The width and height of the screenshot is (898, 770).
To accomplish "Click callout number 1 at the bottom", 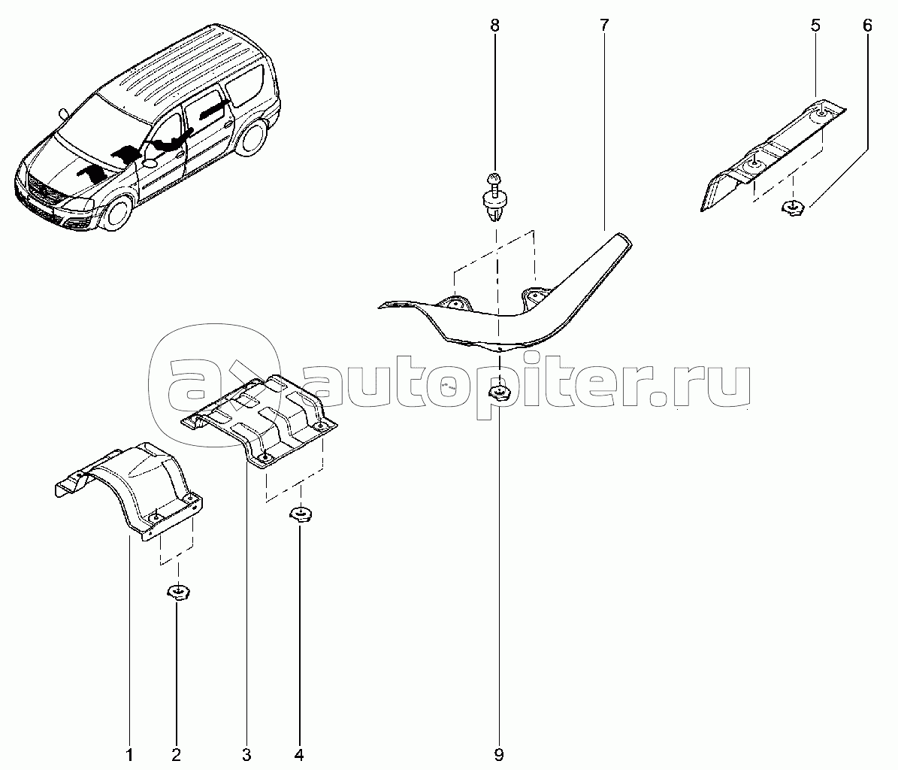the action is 129,754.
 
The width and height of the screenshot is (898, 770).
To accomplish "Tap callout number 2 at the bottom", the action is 177,754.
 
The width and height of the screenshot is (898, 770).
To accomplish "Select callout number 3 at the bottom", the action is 246,754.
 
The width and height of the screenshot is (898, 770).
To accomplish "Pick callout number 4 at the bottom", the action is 298,754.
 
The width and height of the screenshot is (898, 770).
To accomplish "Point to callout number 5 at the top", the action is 815,26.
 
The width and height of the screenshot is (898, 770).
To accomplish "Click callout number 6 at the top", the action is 867,26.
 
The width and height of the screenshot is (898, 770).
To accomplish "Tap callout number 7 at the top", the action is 604,26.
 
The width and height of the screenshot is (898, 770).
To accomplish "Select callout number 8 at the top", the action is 494,26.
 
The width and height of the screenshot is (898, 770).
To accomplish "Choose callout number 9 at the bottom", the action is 499,754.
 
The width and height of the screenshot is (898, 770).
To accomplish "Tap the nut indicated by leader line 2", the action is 178,591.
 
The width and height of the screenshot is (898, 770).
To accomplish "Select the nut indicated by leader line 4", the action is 300,514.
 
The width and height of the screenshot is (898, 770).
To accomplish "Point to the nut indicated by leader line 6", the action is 793,208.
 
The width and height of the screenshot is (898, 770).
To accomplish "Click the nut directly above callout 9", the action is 499,393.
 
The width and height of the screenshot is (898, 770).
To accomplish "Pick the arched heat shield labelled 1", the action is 132,487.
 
